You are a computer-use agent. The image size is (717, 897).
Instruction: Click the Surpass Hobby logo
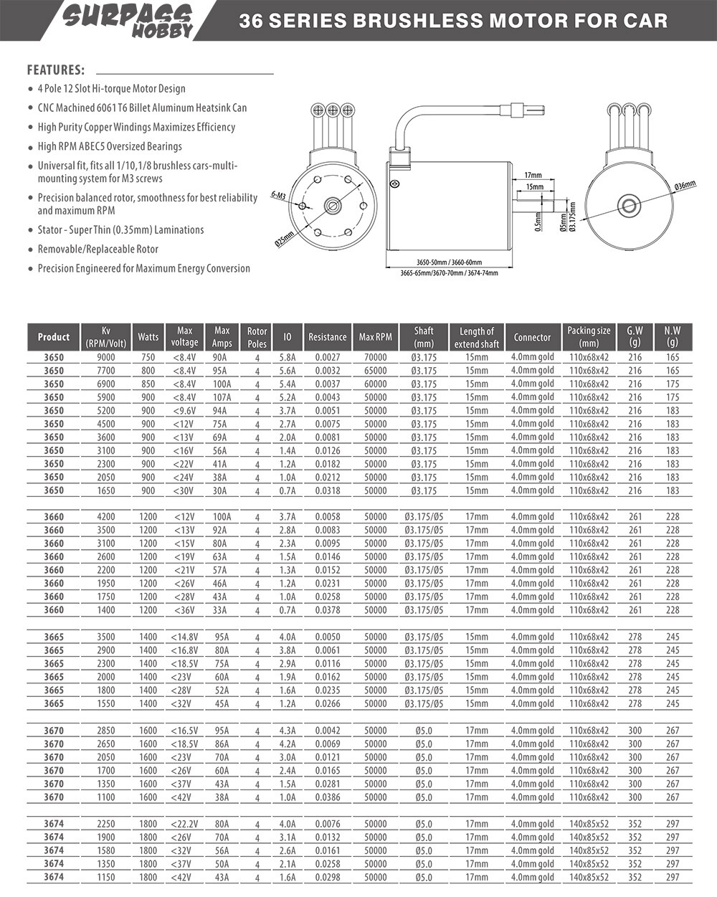coord(128,20)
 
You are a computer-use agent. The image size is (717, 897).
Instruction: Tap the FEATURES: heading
coord(56,70)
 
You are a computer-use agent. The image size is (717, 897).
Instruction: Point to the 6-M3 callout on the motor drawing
coord(280,195)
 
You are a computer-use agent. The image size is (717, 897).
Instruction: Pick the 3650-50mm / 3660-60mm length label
coord(449,262)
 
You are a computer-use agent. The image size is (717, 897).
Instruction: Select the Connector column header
coord(532,337)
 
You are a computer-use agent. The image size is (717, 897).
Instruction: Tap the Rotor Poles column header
coord(257,337)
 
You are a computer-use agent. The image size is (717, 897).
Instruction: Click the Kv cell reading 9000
coord(105,357)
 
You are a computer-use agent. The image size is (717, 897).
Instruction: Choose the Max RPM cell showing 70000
coord(375,357)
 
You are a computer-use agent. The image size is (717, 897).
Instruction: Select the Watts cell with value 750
coord(148,357)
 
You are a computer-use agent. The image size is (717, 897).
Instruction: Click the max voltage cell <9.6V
coord(184,410)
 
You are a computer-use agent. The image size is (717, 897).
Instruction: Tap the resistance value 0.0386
coord(327,797)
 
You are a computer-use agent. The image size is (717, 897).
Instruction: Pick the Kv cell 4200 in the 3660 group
coord(105,516)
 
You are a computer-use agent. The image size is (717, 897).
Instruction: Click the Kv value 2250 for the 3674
coord(105,824)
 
